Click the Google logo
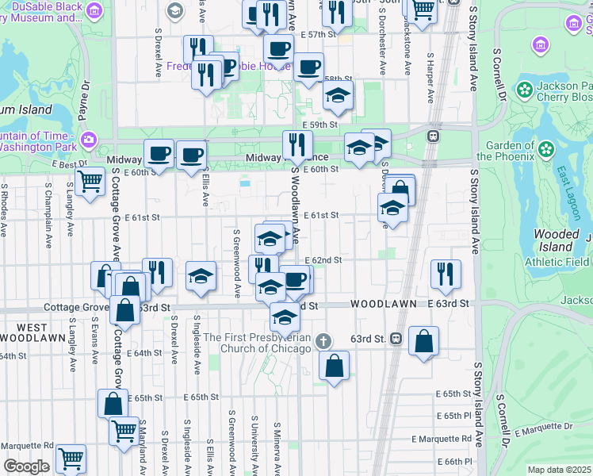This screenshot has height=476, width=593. click(26, 466)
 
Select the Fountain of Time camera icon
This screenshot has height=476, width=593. click(89, 140)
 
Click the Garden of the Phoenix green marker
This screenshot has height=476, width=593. click(545, 148)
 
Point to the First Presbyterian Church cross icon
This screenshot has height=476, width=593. click(323, 342)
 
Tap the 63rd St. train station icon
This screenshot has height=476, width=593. click(396, 339)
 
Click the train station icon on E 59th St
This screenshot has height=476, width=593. click(433, 136)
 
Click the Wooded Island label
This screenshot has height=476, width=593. click(556, 240)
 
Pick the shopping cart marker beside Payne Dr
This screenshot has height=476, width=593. click(90, 181)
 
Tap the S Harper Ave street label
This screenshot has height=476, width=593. click(430, 78)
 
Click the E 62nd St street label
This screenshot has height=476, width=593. click(324, 260)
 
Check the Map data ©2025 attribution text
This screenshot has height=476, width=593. click(559, 470)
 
